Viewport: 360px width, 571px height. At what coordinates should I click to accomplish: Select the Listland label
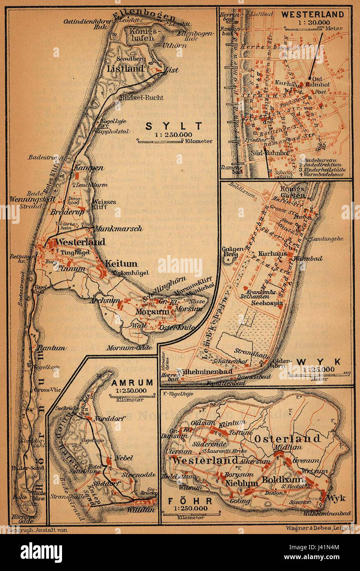click(x=125, y=69)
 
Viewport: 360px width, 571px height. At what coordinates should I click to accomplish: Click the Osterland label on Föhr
click(x=287, y=438)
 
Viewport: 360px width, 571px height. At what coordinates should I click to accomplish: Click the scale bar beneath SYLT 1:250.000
click(x=160, y=141)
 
